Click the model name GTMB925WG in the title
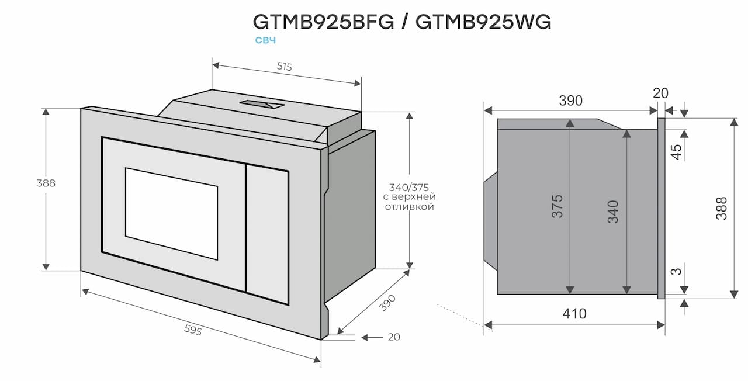(483, 22)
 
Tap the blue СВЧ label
(265, 40)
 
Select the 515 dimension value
(284, 67)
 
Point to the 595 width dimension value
(192, 331)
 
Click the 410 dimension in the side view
(574, 314)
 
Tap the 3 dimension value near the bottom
(676, 272)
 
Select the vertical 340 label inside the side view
(612, 211)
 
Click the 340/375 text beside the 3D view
(409, 188)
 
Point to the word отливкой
(409, 207)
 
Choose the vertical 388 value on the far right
(722, 207)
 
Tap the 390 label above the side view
(570, 101)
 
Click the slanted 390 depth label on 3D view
(387, 303)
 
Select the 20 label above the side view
(660, 93)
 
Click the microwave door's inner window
(171, 213)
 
